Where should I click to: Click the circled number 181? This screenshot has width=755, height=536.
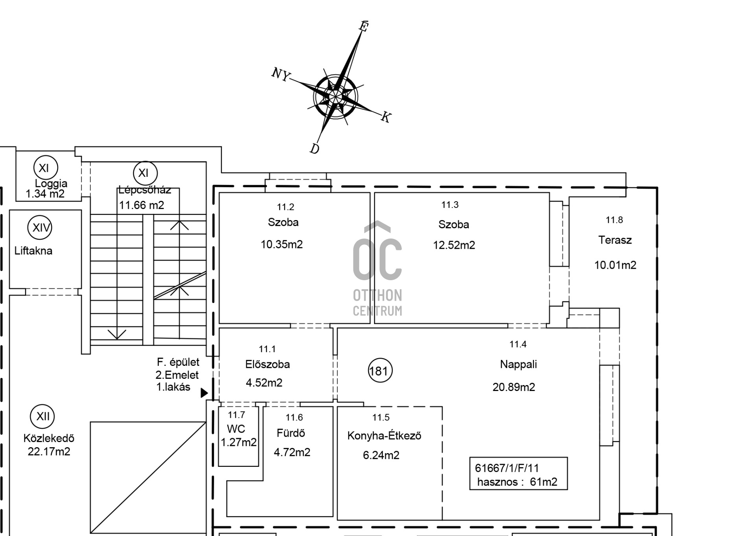(x=380, y=371)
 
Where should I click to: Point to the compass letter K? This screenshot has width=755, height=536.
(x=386, y=117)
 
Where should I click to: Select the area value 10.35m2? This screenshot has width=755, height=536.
(x=282, y=244)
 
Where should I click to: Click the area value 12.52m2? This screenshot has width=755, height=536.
(x=454, y=245)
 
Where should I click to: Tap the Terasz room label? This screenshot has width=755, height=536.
(x=615, y=240)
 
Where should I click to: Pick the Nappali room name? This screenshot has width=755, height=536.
(x=518, y=364)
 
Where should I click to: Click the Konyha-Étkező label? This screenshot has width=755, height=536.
(x=384, y=435)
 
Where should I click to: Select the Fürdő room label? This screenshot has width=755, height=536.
(x=291, y=433)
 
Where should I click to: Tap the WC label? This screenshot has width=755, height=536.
(x=236, y=429)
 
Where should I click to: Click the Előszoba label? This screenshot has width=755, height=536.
(x=267, y=364)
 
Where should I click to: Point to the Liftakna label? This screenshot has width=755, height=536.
(x=33, y=251)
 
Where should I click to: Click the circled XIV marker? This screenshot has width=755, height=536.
(x=40, y=227)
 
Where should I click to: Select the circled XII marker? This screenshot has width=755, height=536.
(x=42, y=416)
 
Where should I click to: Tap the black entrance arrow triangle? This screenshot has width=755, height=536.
(x=204, y=393)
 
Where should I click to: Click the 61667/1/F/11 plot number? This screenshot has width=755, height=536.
(x=507, y=468)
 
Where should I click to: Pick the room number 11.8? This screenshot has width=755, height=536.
(x=614, y=220)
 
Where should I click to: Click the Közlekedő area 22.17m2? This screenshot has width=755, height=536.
(x=49, y=452)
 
